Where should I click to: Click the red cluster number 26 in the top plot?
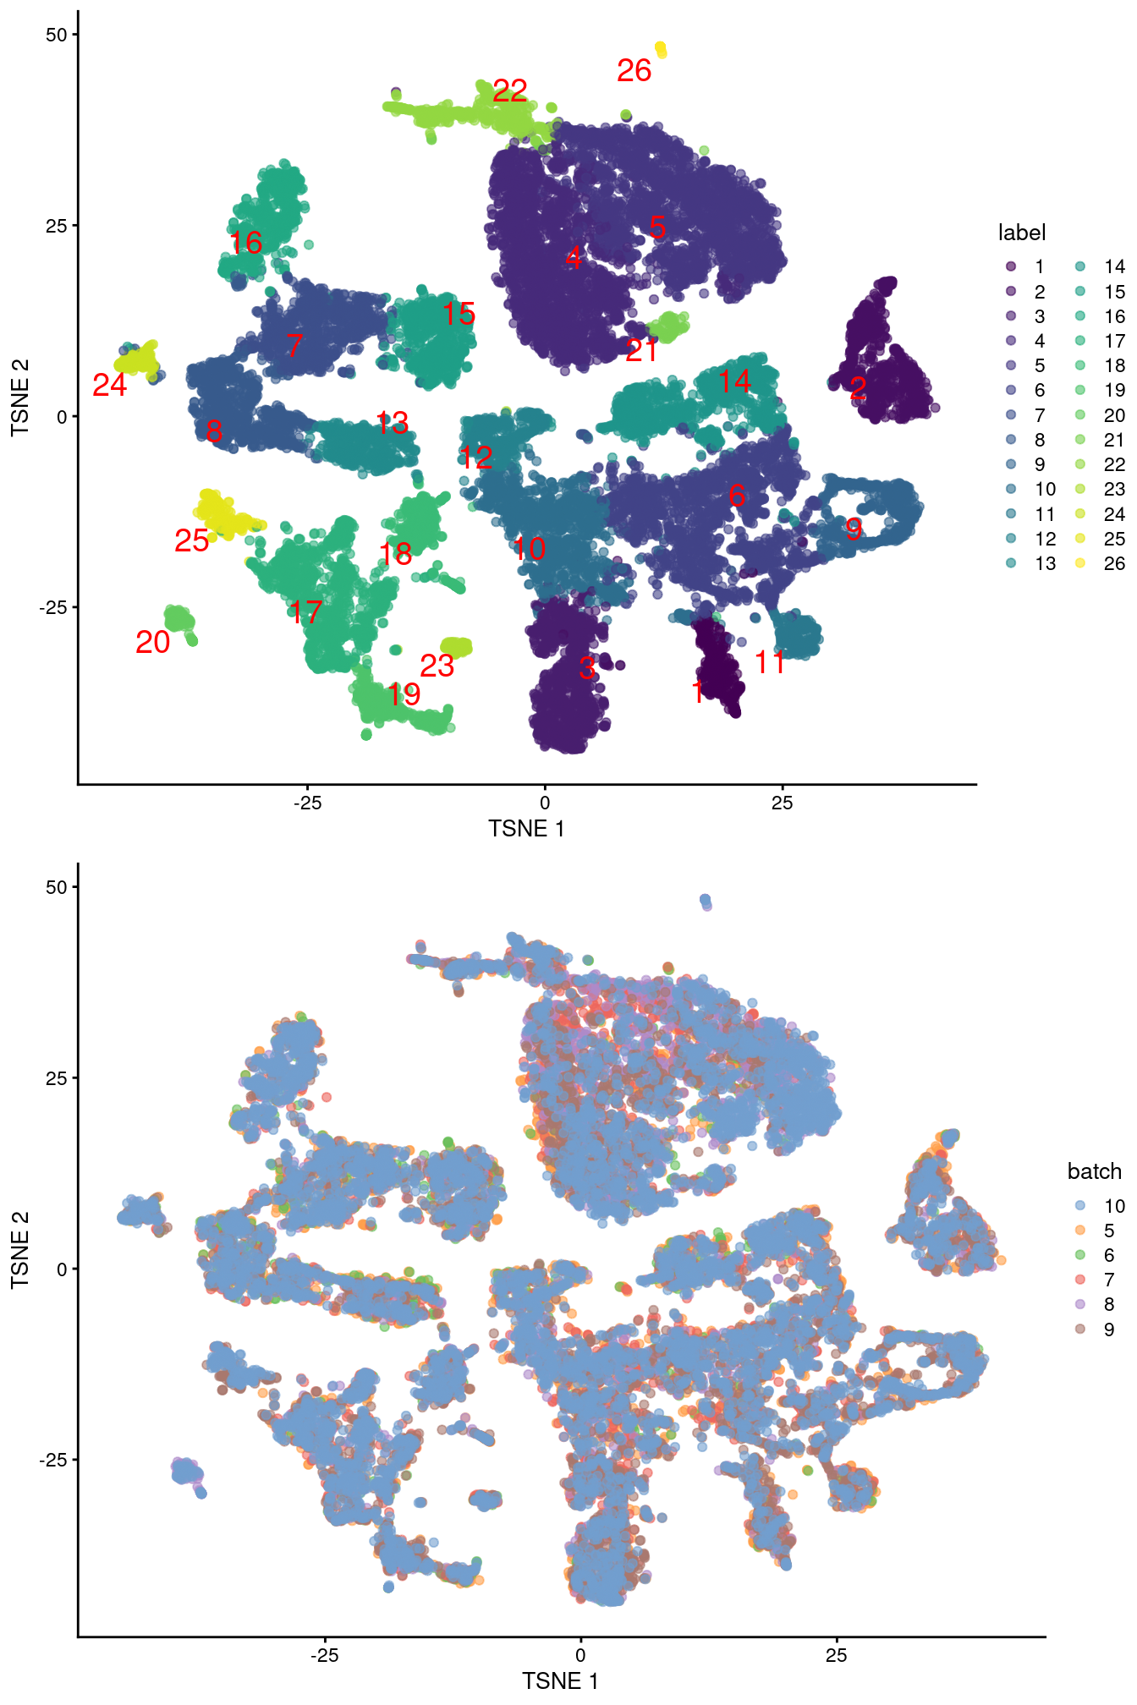point(634,71)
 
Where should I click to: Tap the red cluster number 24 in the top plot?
point(109,386)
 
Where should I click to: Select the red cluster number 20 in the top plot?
point(152,643)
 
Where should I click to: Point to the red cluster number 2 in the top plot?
point(858,389)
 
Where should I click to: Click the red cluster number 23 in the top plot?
point(437,666)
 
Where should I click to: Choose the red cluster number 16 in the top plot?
point(246,244)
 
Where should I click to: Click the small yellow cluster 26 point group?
point(661,50)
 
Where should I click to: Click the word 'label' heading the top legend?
point(1021,233)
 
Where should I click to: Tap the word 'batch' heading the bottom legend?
point(1094,1171)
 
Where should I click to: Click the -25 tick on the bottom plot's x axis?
point(324,1655)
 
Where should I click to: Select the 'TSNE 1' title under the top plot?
point(525,829)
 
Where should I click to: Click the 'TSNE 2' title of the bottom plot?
point(19,1250)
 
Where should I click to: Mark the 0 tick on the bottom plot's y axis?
point(61,1269)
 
